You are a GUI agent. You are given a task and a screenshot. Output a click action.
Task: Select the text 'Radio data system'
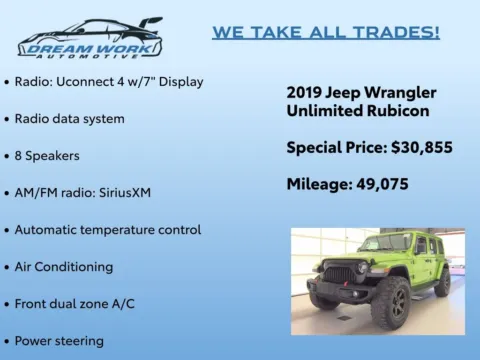69,118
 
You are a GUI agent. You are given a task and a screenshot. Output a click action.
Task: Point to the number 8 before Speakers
19,155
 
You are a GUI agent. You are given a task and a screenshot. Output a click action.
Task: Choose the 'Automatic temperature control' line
108,229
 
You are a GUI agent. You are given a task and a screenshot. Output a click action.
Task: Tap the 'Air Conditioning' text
63,266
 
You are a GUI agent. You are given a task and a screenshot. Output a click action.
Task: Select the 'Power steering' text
59,340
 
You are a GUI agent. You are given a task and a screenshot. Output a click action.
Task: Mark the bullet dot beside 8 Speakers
7,156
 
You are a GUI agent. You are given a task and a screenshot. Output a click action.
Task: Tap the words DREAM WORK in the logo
89,45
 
